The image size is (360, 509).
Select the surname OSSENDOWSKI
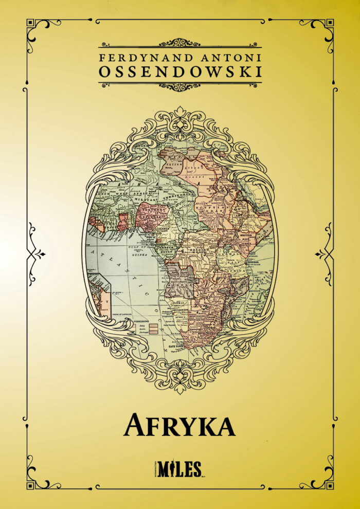coord(180,72)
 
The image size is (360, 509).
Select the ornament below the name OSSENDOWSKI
coord(180,86)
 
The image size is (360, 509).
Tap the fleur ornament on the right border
coord(323,253)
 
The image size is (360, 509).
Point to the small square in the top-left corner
coord(30,23)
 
